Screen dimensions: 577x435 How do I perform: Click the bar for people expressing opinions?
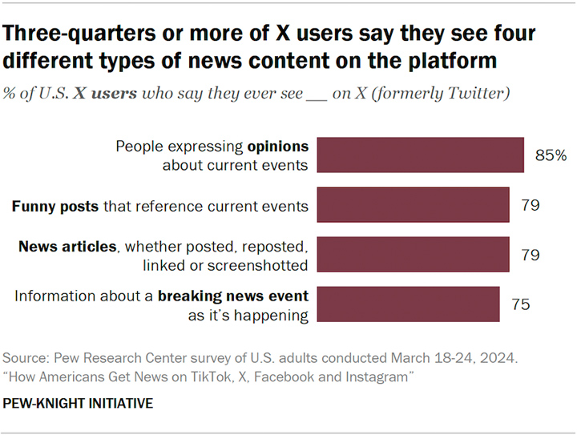(420, 155)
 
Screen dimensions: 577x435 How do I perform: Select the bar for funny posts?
(413, 205)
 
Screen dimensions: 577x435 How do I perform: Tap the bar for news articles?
(413, 255)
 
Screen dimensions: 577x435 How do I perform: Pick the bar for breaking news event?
(408, 304)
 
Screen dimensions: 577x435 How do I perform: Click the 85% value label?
(551, 155)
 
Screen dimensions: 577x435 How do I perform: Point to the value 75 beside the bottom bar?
(521, 304)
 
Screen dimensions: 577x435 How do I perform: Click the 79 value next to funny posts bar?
(531, 205)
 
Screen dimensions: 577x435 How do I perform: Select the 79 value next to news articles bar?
(531, 255)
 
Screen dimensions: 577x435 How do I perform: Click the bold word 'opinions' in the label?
(278, 147)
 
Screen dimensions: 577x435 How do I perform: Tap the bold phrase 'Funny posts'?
(55, 207)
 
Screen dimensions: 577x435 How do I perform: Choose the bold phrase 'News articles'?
(67, 247)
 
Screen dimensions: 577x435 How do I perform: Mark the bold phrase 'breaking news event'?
(233, 296)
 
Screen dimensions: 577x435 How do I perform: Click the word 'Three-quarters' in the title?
(79, 34)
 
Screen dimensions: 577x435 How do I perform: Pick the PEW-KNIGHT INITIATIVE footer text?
(78, 404)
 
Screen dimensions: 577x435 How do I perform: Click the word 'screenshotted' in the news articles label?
(257, 265)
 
